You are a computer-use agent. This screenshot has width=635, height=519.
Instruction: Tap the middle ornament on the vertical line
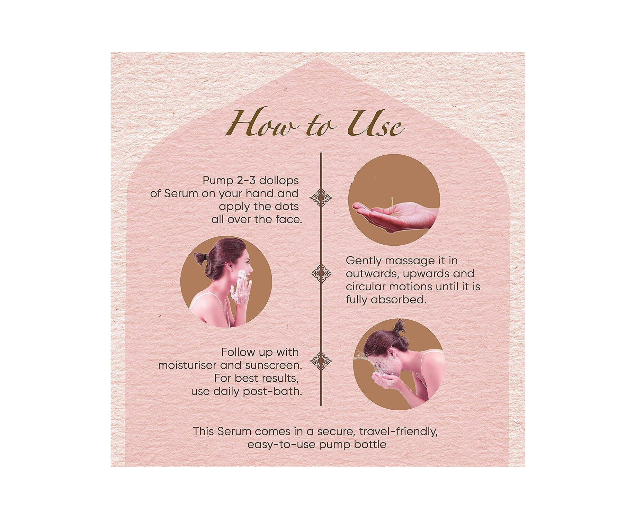coord(321,273)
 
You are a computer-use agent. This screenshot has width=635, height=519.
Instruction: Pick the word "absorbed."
coord(399,300)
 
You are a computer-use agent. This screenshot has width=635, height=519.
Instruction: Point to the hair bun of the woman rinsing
coord(400,326)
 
